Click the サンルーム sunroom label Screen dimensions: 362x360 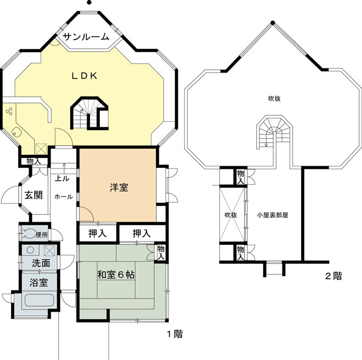(86, 37)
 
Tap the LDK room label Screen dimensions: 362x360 (84, 76)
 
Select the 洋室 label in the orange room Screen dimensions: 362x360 (119, 187)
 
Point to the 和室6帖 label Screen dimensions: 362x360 (116, 275)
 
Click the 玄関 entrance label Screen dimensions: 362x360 (33, 195)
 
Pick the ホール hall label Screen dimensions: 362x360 (64, 196)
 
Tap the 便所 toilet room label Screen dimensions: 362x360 (42, 235)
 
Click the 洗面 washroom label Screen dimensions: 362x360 (41, 263)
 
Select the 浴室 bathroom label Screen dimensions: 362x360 (38, 283)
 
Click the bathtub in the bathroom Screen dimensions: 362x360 (39, 301)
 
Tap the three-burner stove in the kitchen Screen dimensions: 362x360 (9, 111)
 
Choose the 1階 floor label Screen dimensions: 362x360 (175, 334)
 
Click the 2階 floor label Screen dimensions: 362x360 (333, 276)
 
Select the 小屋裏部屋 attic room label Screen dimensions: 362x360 (273, 215)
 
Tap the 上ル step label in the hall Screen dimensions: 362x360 (62, 178)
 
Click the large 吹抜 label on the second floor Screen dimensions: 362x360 (274, 99)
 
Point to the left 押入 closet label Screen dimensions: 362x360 (97, 234)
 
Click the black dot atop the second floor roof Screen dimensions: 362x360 (273, 22)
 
